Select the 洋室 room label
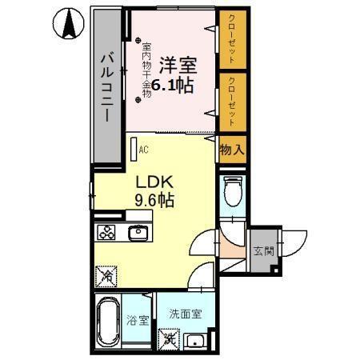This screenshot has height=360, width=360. (176, 63)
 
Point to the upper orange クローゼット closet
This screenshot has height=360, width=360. (231, 40)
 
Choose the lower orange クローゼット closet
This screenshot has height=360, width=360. (231, 100)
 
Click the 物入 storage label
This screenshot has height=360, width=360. (231, 150)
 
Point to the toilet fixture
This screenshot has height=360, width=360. (232, 193)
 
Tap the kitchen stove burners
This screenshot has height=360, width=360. (106, 233)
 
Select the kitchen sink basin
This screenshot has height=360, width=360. (136, 233)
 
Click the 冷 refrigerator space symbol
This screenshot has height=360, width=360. (106, 275)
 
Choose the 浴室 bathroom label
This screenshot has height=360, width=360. (138, 322)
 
